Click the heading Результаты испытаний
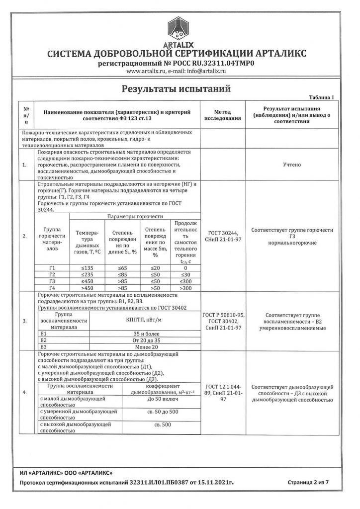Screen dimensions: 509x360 [x=177, y=89]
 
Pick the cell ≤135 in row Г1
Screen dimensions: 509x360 [x=88, y=268]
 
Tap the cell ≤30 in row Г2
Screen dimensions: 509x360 [x=185, y=274]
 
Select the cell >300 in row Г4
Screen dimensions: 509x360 [x=185, y=287]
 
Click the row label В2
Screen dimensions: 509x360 [x=43, y=340]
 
